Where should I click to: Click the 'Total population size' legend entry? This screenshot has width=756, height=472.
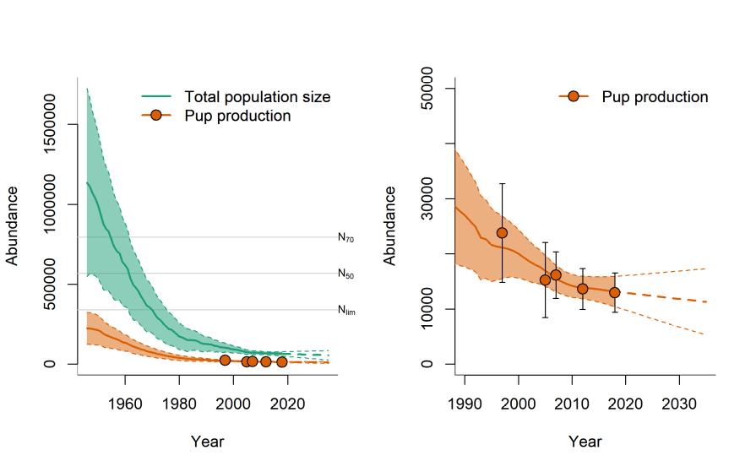click(257, 97)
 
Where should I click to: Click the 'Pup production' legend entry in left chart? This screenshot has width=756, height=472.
click(237, 116)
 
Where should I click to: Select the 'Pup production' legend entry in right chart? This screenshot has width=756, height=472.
click(655, 97)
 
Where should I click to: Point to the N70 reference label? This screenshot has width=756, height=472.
click(346, 238)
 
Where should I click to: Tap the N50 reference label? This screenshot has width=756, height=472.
click(346, 274)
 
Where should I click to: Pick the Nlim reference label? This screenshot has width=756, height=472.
click(346, 310)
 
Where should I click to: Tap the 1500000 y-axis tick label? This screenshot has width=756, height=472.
click(51, 125)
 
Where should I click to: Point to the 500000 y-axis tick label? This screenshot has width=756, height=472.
click(51, 304)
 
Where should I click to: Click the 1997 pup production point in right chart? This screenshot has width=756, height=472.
click(502, 233)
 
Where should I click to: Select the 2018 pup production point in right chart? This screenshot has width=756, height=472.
click(615, 292)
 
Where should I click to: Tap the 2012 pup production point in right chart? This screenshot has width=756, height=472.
click(583, 289)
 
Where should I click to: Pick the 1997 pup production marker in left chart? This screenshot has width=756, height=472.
click(225, 361)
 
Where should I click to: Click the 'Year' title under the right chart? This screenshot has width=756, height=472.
click(585, 442)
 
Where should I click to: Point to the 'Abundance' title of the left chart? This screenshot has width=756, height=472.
click(13, 225)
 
